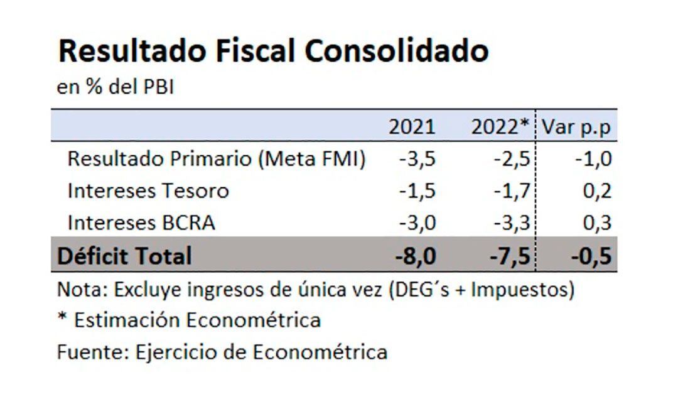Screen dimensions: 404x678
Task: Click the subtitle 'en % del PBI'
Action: [115, 87]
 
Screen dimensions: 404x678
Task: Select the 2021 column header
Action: [411, 127]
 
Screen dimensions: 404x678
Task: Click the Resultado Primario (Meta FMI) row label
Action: [216, 159]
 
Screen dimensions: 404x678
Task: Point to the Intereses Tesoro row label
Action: [148, 190]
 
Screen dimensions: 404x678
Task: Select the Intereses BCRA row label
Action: [141, 222]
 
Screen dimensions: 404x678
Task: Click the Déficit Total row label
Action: [124, 256]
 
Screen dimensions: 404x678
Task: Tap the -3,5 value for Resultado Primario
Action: [417, 159]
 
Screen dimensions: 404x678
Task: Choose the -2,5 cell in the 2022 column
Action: [512, 159]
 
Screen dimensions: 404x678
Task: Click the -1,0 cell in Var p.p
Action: [593, 159]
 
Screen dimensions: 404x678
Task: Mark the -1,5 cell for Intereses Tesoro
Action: [417, 190]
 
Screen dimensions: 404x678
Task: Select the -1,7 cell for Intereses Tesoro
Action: [512, 190]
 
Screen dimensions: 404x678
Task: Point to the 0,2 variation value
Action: [597, 190]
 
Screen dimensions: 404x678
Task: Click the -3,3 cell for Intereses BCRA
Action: [512, 222]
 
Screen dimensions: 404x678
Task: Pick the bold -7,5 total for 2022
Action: [510, 256]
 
